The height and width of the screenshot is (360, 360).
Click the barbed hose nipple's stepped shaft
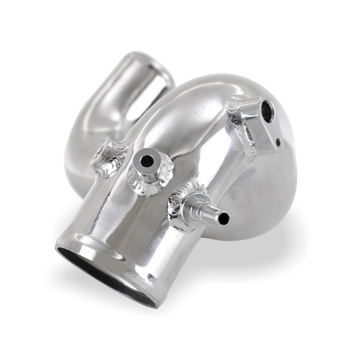(207, 210)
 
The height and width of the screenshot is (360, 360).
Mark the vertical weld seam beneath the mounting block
(245, 144)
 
